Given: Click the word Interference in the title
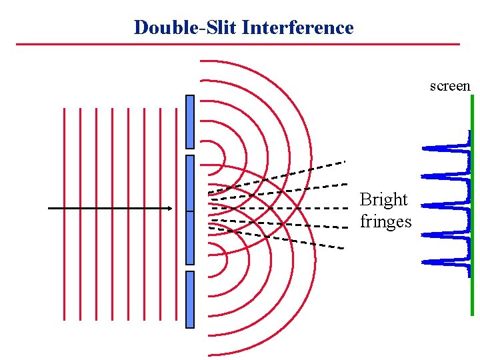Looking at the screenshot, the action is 298,27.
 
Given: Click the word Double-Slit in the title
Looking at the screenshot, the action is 186,27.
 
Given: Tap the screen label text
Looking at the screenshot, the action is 450,86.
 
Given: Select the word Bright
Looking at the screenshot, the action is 383,199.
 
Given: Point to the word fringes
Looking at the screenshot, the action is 385,221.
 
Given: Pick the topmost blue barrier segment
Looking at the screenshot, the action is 190,121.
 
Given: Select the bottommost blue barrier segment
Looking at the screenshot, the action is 190,299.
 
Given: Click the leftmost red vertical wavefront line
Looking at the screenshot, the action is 64,213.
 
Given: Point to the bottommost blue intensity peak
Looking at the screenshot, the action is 440,261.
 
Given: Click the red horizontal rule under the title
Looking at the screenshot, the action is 237,44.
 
